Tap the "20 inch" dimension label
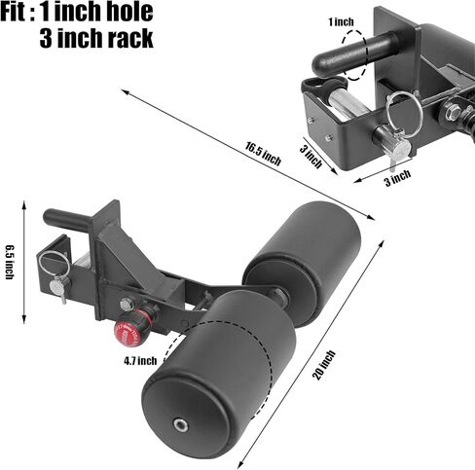(323, 365)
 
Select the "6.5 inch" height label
(10, 262)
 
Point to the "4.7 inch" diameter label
(140, 361)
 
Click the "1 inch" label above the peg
(341, 22)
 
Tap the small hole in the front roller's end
(180, 425)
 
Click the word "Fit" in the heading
(14, 12)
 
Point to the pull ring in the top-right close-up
(403, 114)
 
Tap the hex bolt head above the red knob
(127, 305)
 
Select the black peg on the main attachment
(69, 218)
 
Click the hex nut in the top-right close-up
(453, 112)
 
